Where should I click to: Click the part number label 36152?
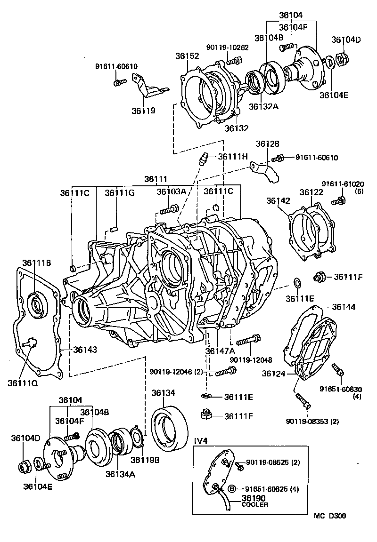coord(188,56)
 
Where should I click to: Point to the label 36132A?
coord(263,106)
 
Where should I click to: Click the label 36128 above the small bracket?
coord(267,143)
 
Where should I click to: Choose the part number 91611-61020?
coord(343,183)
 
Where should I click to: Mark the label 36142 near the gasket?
coord(278,200)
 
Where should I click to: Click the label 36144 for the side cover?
coord(343,307)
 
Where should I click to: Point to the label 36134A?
coord(120,474)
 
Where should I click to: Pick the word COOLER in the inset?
coord(255,505)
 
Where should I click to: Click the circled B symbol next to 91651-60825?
coord(232,489)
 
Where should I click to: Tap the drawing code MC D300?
coord(330,516)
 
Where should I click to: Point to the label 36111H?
coord(233,157)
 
